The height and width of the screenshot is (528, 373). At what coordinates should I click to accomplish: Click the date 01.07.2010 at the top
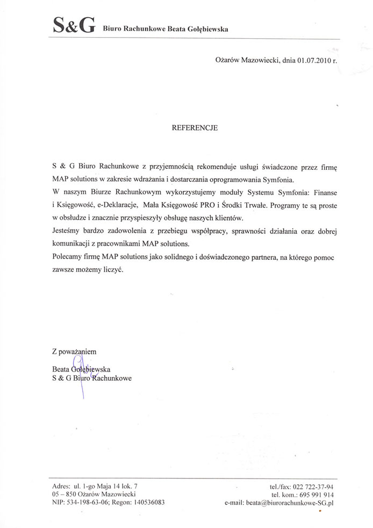[x=310, y=61]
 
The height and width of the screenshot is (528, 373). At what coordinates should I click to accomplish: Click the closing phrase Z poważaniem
[x=74, y=351]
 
